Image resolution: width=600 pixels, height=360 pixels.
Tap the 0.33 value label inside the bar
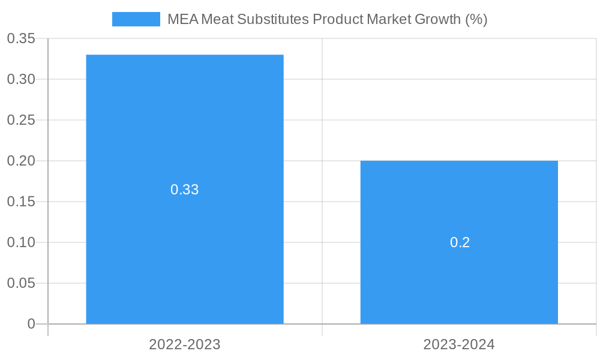pyautogui.click(x=185, y=190)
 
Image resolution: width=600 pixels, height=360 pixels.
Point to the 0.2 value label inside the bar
pyautogui.click(x=460, y=242)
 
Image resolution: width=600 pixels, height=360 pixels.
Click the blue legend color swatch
pyautogui.click(x=136, y=19)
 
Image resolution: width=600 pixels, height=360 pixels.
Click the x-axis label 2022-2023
pyautogui.click(x=185, y=344)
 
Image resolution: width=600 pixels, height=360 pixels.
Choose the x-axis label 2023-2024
pyautogui.click(x=459, y=344)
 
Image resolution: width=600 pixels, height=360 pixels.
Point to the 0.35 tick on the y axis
pyautogui.click(x=21, y=38)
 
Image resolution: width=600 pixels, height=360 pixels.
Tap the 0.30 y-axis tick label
pyautogui.click(x=21, y=79)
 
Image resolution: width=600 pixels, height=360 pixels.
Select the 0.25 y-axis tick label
pyautogui.click(x=21, y=120)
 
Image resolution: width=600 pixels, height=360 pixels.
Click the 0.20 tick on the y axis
pyautogui.click(x=21, y=161)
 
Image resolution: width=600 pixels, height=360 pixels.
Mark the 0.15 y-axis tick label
pyautogui.click(x=21, y=202)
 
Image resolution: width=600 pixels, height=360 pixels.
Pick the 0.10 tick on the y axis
pyautogui.click(x=21, y=242)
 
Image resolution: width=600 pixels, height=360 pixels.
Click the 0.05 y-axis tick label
pyautogui.click(x=21, y=283)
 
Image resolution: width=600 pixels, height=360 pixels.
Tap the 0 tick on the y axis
pyautogui.click(x=31, y=324)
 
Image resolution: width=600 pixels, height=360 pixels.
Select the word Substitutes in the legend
pyautogui.click(x=274, y=19)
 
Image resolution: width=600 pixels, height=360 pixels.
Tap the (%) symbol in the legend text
pyautogui.click(x=476, y=19)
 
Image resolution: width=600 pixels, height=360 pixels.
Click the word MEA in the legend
pyautogui.click(x=182, y=19)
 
